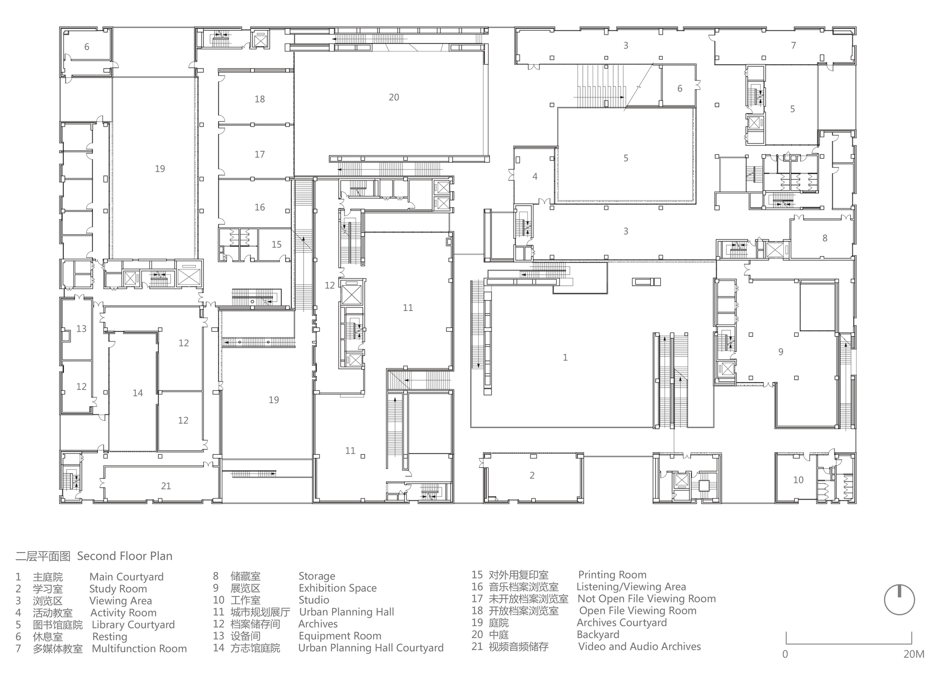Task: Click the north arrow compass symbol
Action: point(899,599)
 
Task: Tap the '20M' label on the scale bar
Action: point(913,654)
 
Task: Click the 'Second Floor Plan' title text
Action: point(125,556)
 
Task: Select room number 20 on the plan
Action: point(394,97)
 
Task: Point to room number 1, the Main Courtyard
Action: point(565,358)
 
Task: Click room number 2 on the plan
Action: point(532,475)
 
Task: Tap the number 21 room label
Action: point(166,486)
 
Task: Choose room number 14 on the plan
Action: point(138,393)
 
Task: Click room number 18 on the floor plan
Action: point(260,99)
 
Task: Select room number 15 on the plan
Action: point(277,245)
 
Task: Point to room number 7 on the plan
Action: point(794,45)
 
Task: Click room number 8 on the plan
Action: point(825,238)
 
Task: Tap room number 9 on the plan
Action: point(781,352)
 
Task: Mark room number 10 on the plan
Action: point(798,480)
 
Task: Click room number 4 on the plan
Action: point(535,176)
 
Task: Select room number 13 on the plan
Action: point(81,329)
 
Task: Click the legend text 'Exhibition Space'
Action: point(338,588)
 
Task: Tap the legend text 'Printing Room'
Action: point(613,575)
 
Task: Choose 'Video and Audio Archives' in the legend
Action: point(639,646)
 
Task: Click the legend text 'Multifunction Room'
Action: point(140,649)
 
